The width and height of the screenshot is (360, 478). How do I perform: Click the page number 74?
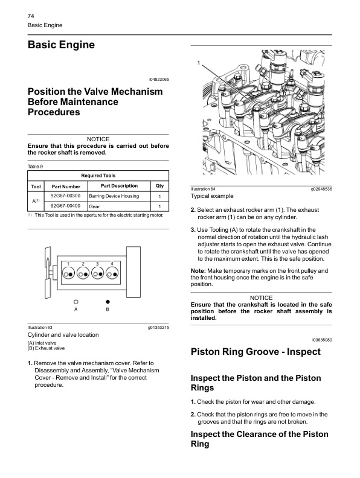(x=31, y=16)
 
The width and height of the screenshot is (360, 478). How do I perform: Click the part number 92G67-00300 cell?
(x=66, y=196)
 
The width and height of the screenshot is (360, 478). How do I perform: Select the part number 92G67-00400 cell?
(x=66, y=206)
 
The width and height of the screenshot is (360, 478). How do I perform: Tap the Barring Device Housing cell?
(x=119, y=196)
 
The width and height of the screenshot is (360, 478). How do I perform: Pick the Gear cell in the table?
(x=119, y=206)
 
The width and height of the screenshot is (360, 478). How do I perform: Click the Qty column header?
(x=159, y=186)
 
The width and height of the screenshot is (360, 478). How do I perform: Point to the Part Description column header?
(x=119, y=186)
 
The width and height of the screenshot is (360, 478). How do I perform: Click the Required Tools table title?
(x=98, y=176)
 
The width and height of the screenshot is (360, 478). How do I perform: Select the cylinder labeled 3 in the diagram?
(x=98, y=273)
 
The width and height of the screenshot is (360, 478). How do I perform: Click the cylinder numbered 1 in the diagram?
(x=68, y=273)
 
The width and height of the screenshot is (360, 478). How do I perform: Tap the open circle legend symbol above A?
(x=76, y=302)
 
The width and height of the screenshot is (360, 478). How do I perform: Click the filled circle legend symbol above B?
(x=108, y=302)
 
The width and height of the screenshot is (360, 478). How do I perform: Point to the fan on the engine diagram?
(x=48, y=272)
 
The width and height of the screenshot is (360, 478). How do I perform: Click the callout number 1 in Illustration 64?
(x=199, y=63)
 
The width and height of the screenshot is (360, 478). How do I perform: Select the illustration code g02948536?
(x=321, y=189)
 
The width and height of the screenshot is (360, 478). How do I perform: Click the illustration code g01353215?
(x=158, y=328)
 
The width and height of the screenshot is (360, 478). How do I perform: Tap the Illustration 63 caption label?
(x=40, y=327)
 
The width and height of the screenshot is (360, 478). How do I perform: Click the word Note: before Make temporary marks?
(x=198, y=271)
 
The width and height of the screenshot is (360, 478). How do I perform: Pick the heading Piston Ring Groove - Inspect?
(x=256, y=352)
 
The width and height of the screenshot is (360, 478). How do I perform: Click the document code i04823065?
(x=159, y=80)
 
